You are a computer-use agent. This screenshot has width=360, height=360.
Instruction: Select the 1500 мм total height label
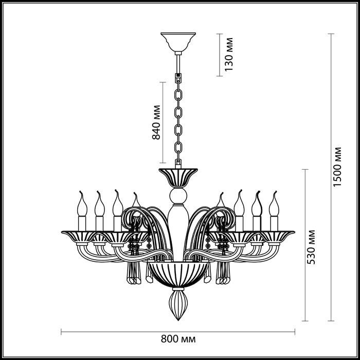(x=337, y=167)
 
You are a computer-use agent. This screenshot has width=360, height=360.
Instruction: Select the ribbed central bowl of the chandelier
(x=178, y=275)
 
